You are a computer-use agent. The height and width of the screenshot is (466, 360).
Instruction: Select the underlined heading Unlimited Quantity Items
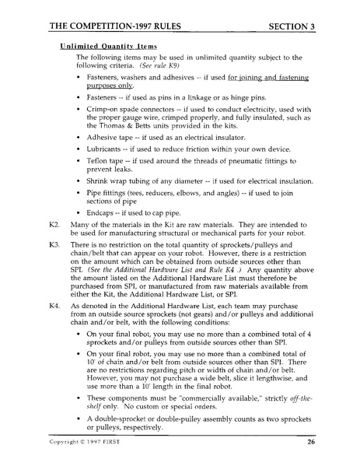pos(108,47)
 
